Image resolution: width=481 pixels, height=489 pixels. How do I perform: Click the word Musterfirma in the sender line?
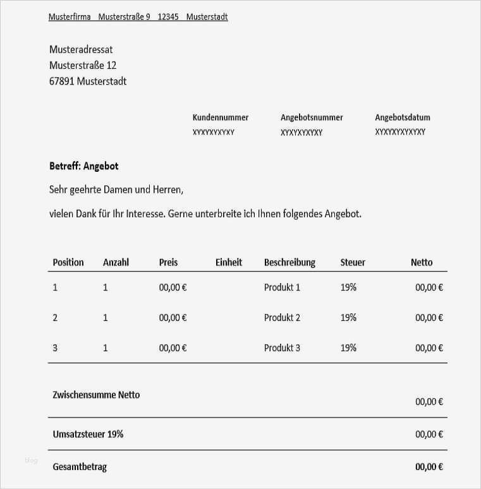(x=70, y=17)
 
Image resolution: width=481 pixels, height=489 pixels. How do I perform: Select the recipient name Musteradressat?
(x=81, y=49)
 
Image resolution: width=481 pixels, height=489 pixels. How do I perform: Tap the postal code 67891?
(x=61, y=81)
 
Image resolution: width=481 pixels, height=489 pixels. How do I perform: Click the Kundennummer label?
(x=220, y=118)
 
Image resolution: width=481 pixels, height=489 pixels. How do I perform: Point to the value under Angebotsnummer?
(x=301, y=133)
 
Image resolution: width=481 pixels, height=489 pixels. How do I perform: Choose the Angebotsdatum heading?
(x=402, y=118)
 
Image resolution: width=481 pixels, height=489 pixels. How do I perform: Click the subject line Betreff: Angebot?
(x=84, y=166)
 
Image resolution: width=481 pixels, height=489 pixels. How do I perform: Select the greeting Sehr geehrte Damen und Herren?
(x=116, y=190)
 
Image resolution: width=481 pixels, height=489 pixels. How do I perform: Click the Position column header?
(x=68, y=262)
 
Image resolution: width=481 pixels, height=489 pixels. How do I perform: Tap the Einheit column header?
(x=228, y=262)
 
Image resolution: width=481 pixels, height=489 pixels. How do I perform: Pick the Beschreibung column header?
(x=289, y=262)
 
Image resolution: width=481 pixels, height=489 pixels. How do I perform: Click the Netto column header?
(x=422, y=262)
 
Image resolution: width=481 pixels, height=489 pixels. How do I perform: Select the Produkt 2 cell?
(x=282, y=318)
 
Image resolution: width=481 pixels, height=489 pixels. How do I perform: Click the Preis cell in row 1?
(x=173, y=287)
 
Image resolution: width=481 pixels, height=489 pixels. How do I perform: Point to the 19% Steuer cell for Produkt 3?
(x=348, y=348)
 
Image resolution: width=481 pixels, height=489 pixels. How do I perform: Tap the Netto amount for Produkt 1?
(x=429, y=287)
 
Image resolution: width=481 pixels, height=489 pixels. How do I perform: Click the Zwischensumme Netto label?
(x=96, y=395)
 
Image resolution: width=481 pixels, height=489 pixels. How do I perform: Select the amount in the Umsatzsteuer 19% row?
(x=429, y=435)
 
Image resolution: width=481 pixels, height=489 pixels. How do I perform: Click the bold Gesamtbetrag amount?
(x=429, y=467)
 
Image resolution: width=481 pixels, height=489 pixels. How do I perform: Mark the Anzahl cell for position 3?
(x=106, y=348)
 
